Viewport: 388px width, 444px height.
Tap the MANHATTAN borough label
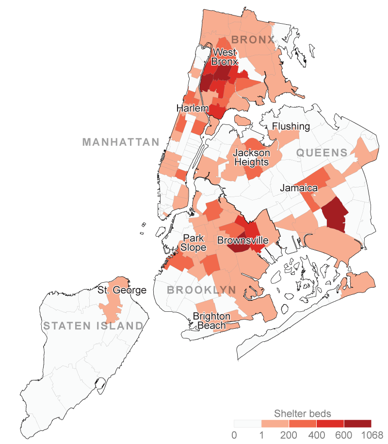(121, 142)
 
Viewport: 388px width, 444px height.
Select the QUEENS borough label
(322, 153)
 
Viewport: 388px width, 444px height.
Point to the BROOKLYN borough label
(201, 290)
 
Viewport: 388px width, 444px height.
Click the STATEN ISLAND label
(93, 326)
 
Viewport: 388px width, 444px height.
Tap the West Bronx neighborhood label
(225, 57)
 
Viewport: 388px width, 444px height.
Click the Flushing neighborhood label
(291, 126)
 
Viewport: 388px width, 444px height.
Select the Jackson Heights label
(251, 157)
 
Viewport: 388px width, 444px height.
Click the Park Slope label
(194, 243)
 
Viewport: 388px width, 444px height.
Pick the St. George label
(121, 291)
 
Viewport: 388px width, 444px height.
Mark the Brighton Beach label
(211, 321)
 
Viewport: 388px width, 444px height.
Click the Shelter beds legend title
(303, 413)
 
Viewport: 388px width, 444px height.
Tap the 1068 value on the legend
(371, 435)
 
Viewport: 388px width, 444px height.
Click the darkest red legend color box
(357, 424)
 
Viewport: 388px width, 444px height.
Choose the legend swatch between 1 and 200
(275, 424)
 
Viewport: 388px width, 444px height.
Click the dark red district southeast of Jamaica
(335, 213)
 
